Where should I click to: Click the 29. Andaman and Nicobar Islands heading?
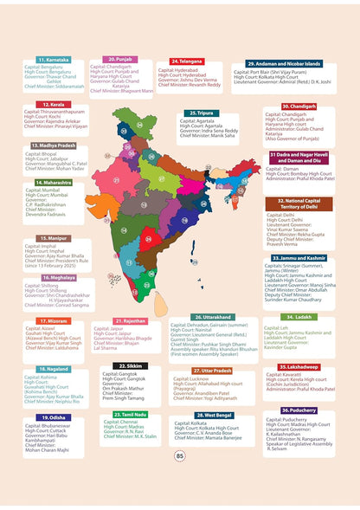click(283, 63)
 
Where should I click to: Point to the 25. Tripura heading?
click(202, 113)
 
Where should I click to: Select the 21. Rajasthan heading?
click(134, 321)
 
